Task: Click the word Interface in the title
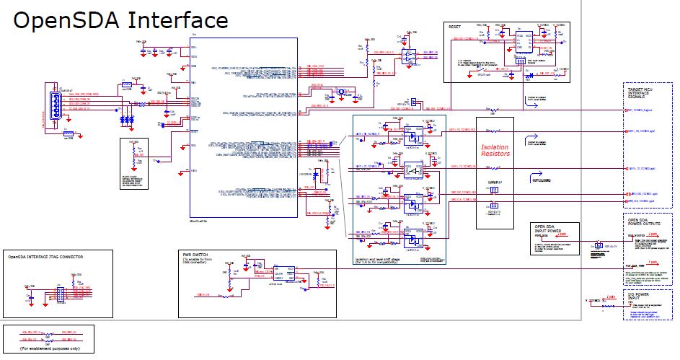click(x=178, y=21)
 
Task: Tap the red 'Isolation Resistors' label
click(x=495, y=150)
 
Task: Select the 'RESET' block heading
click(x=455, y=26)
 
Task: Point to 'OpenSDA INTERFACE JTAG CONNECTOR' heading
click(x=45, y=256)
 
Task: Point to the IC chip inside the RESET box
click(x=525, y=40)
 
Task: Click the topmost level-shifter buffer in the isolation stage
click(x=412, y=133)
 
